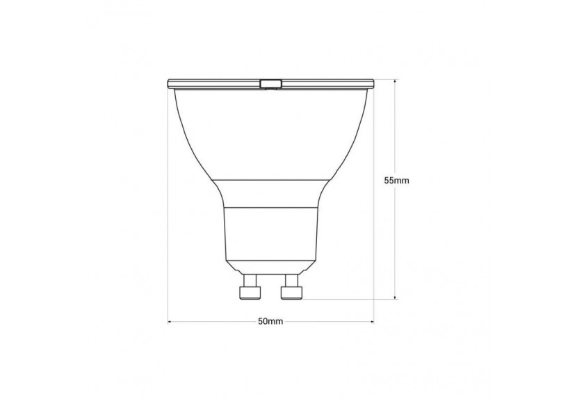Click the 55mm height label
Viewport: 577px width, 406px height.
coord(396,180)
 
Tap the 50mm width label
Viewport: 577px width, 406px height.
coord(270,321)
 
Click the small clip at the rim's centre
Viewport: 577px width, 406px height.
coord(270,84)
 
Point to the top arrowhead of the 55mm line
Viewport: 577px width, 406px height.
coord(396,82)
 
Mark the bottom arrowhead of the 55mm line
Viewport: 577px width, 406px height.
coord(396,296)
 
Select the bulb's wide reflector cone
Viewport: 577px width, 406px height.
coord(270,132)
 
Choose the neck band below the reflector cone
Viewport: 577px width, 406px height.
coord(270,194)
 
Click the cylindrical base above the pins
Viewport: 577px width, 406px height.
coord(270,233)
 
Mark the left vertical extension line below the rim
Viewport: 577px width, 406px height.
coord(168,209)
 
